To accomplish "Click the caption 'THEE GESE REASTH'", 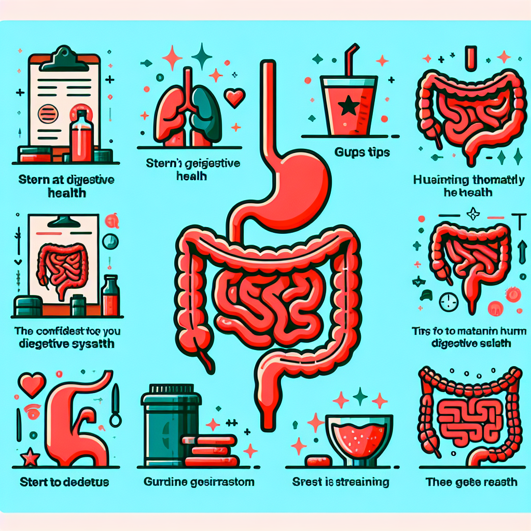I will (x=471, y=482).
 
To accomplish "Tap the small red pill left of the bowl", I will (x=318, y=460).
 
